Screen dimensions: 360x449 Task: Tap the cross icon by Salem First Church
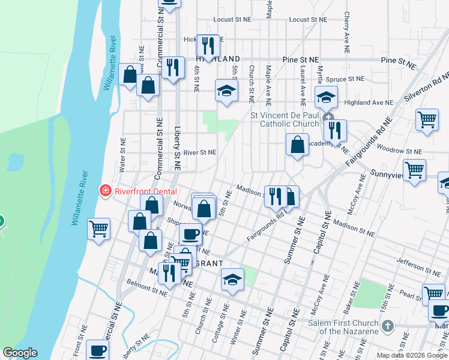pyautogui.click(x=387, y=326)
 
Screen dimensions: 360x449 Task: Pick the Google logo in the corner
pyautogui.click(x=20, y=353)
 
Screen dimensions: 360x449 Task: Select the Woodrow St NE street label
pyautogui.click(x=399, y=151)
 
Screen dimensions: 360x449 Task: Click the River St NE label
pyautogui.click(x=199, y=152)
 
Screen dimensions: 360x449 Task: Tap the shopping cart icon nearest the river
pyautogui.click(x=99, y=229)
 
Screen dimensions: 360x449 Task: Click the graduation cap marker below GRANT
pyautogui.click(x=232, y=280)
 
